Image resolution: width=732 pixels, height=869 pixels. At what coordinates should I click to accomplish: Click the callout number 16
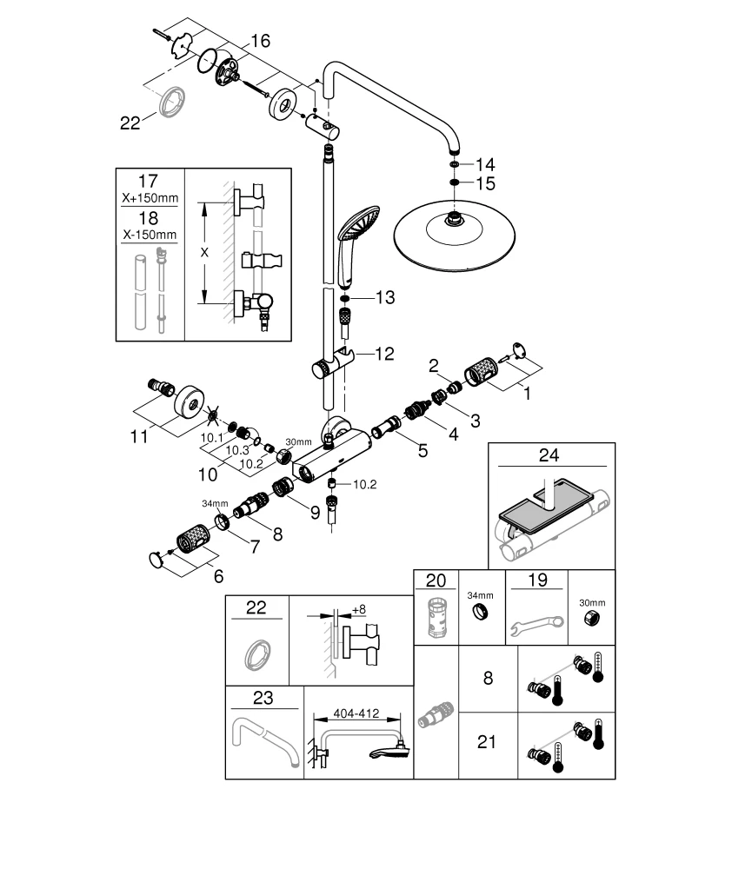261,40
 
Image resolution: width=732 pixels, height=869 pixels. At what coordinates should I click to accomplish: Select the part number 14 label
484,163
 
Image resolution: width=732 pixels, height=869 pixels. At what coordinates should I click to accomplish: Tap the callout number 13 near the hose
384,297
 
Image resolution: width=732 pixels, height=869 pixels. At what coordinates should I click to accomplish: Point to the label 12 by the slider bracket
384,354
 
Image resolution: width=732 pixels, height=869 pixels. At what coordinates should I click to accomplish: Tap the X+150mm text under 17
150,198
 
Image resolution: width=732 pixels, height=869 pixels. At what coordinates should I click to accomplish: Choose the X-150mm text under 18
150,235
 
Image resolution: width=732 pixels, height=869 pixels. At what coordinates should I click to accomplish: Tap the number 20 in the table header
435,580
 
